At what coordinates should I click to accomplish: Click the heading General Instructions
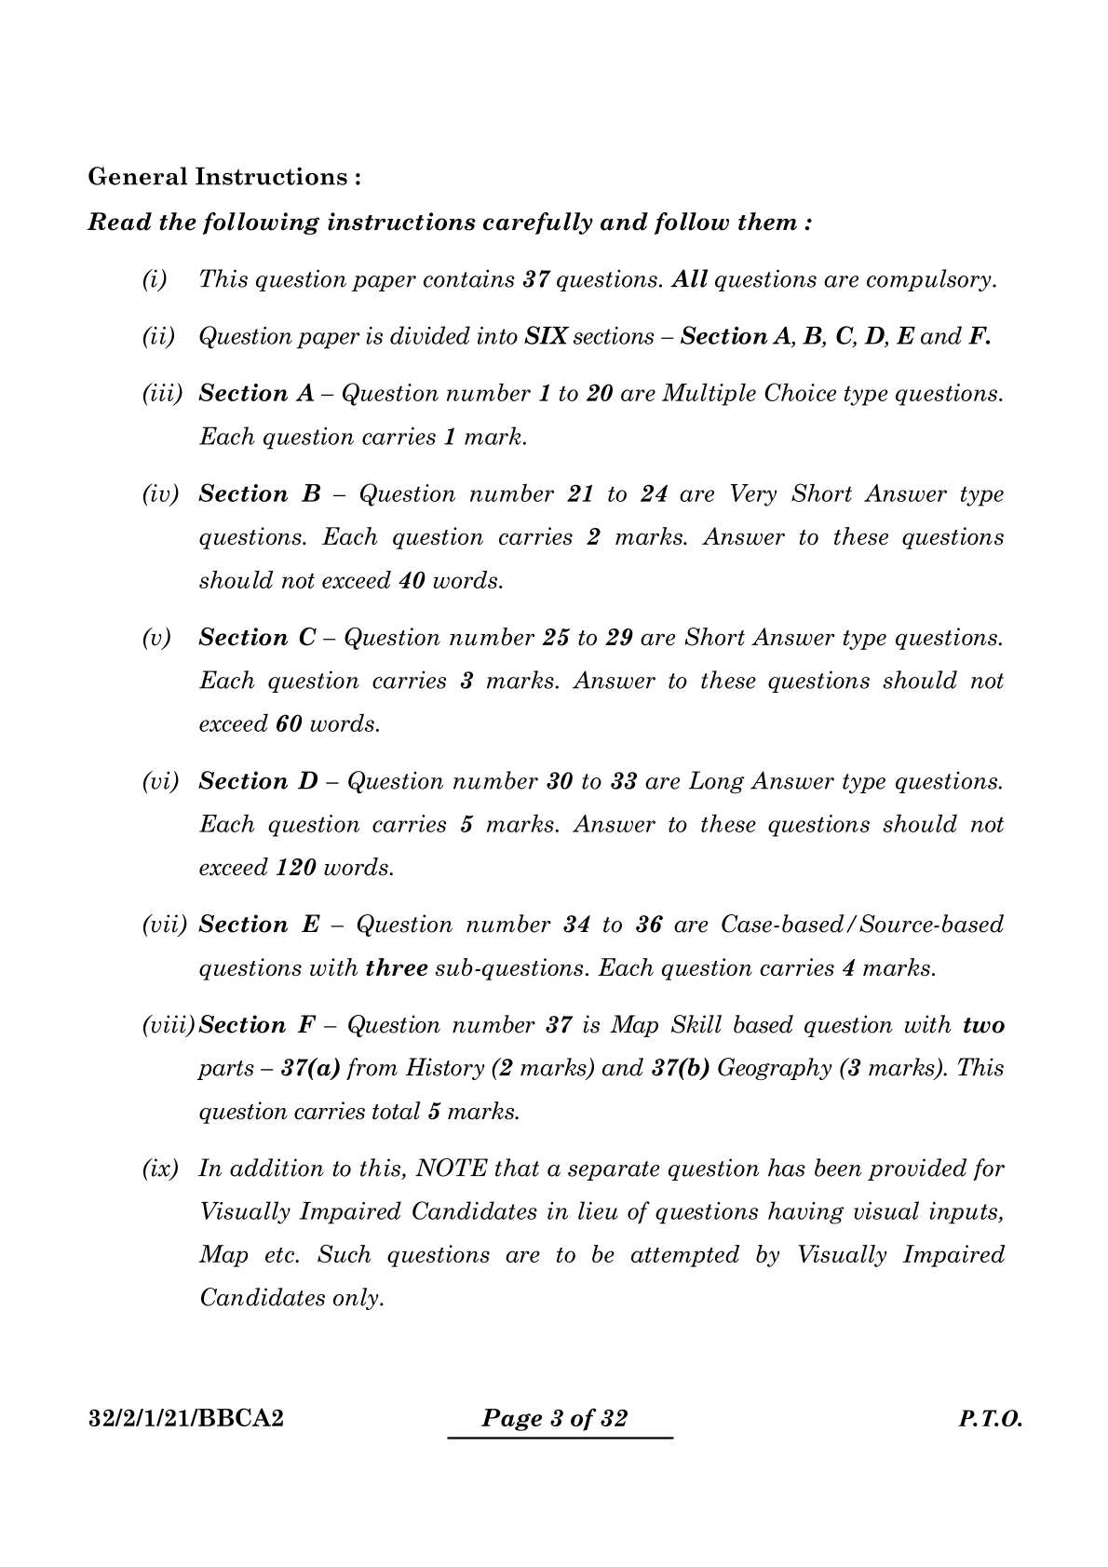point(223,177)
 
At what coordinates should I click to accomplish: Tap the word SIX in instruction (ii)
point(546,336)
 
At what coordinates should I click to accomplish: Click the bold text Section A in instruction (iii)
point(256,394)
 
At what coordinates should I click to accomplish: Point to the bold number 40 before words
point(412,581)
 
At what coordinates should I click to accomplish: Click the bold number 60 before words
point(289,724)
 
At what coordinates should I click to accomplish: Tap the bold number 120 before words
point(296,868)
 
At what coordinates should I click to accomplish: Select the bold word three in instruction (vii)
point(397,968)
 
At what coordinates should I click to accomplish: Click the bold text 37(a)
point(311,1068)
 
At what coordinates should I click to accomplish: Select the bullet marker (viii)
point(169,1025)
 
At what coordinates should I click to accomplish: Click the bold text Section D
point(258,781)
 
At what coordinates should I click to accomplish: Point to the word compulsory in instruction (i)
point(930,279)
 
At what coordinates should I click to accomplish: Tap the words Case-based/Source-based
point(862,925)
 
